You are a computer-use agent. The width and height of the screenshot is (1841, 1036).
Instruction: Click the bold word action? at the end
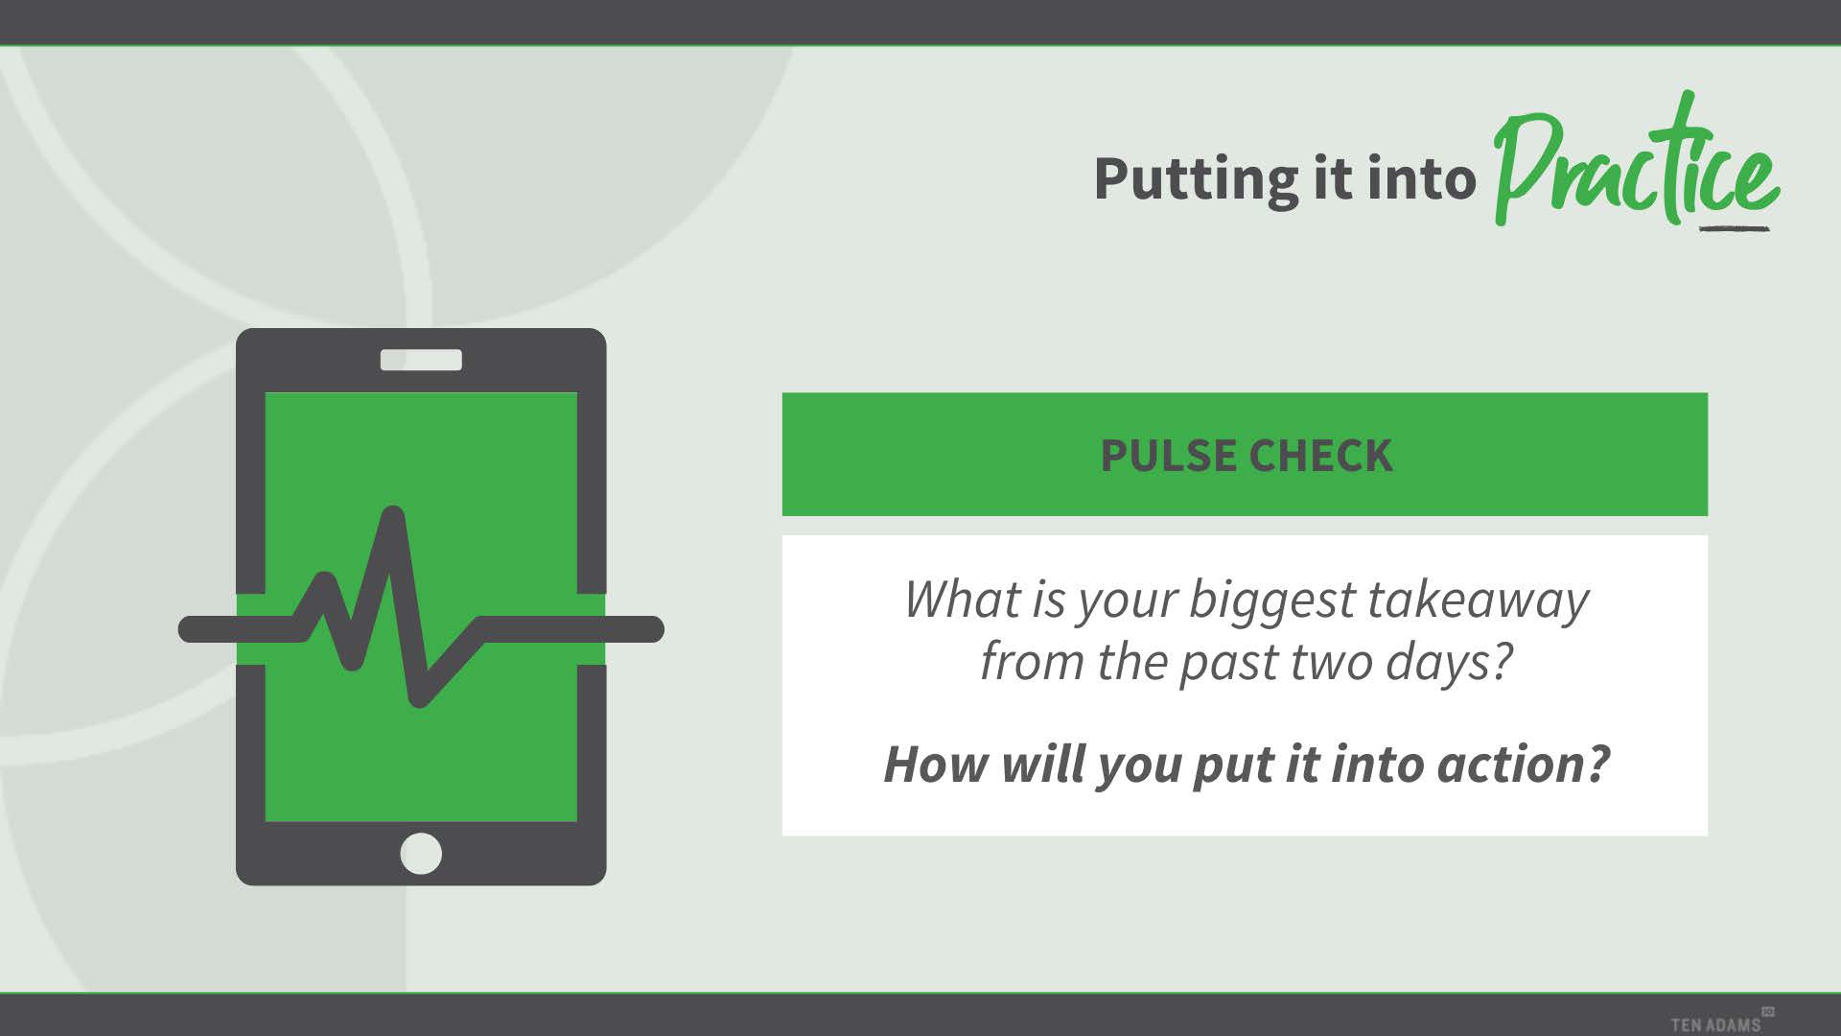[1523, 765]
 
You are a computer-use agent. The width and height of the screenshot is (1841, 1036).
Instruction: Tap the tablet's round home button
[421, 853]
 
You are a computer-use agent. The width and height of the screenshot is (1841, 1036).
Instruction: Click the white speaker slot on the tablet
[421, 360]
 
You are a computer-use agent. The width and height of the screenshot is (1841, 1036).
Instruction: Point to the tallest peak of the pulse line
[393, 514]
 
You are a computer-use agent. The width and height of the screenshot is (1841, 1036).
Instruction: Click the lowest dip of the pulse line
[419, 698]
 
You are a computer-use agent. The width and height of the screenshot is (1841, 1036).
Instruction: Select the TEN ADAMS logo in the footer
[1722, 1022]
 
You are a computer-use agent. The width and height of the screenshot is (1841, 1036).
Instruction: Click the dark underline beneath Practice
[1734, 228]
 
